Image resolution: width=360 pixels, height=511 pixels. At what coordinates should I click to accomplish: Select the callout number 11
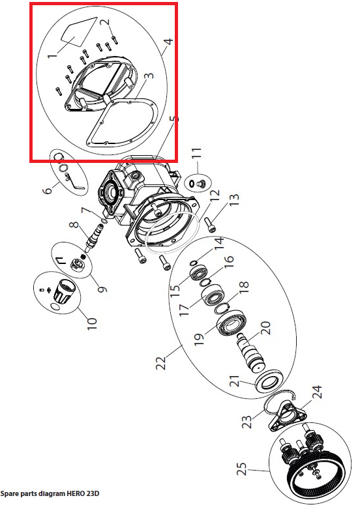[195, 158]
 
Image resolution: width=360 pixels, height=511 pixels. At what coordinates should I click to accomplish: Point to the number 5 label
[168, 45]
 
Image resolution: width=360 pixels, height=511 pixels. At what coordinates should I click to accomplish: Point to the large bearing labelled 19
[231, 324]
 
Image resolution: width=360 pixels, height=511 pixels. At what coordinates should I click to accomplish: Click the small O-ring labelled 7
[104, 222]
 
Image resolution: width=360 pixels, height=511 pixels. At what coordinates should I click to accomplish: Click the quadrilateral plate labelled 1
[80, 31]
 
